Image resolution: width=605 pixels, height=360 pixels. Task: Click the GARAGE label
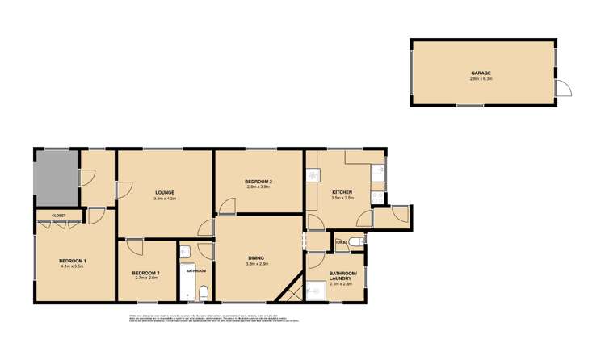[481, 73]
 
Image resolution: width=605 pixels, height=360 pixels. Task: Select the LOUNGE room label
[164, 191]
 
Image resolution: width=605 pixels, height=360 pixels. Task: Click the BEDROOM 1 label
[72, 260]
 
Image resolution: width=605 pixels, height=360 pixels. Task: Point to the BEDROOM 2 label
[258, 182]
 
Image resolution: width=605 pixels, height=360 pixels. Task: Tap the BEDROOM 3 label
[146, 273]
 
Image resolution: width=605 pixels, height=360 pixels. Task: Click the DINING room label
[258, 257]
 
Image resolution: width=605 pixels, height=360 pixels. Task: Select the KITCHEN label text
[342, 191]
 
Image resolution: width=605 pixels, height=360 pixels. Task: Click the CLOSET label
[58, 216]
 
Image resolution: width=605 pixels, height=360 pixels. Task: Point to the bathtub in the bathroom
[190, 281]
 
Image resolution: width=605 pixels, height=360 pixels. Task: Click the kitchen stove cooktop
[377, 196]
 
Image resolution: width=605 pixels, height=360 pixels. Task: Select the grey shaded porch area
[56, 177]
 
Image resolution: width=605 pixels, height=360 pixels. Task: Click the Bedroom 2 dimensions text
[258, 187]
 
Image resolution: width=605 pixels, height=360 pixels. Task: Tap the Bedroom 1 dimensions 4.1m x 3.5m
[72, 266]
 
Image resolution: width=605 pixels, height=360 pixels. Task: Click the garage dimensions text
[481, 78]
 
